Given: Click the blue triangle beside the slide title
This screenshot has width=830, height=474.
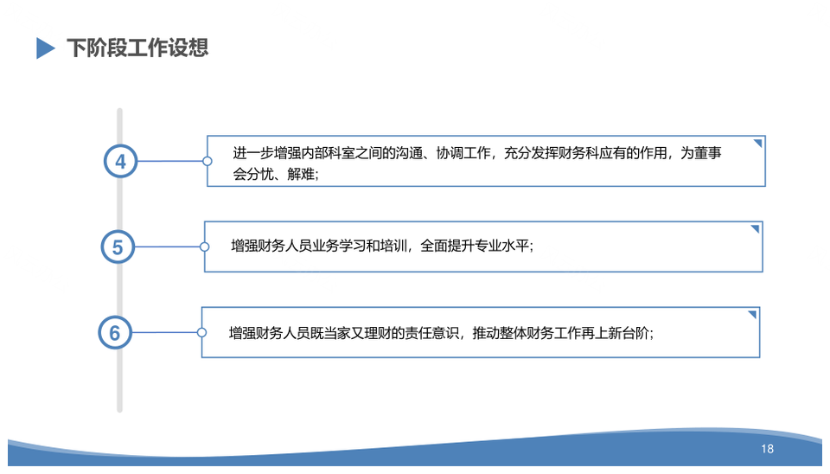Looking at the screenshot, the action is pyautogui.click(x=45, y=48).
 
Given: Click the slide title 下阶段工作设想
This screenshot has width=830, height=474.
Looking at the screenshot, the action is pyautogui.click(x=137, y=48).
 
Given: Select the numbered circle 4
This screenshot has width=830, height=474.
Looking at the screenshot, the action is pyautogui.click(x=121, y=161).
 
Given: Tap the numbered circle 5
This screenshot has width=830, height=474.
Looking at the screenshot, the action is pyautogui.click(x=118, y=247).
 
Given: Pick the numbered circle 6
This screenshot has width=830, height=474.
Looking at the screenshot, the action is pyautogui.click(x=115, y=333).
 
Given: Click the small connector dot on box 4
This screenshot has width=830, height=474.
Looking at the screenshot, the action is pyautogui.click(x=207, y=161).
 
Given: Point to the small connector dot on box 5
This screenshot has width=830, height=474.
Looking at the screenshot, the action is pyautogui.click(x=204, y=247).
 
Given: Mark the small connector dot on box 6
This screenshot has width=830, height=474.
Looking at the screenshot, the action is pyautogui.click(x=201, y=333).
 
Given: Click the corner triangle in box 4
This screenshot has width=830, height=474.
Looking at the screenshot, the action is pyautogui.click(x=758, y=143).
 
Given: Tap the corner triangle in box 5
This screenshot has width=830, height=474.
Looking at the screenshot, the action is pyautogui.click(x=756, y=228).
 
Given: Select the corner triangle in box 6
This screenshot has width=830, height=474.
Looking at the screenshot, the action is pyautogui.click(x=753, y=314).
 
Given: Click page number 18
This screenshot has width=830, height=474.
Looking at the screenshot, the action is pyautogui.click(x=768, y=449).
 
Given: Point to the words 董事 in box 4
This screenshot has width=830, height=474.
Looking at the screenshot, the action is pyautogui.click(x=708, y=153).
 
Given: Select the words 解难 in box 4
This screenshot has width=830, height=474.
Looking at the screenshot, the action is pyautogui.click(x=301, y=174).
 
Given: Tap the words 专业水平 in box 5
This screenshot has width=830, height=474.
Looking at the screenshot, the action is pyautogui.click(x=502, y=246).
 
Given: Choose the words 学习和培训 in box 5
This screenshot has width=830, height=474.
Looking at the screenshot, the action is pyautogui.click(x=373, y=246).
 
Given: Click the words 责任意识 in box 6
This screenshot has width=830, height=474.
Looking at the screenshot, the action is pyautogui.click(x=432, y=333).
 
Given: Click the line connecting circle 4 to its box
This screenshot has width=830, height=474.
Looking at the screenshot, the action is pyautogui.click(x=170, y=161).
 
